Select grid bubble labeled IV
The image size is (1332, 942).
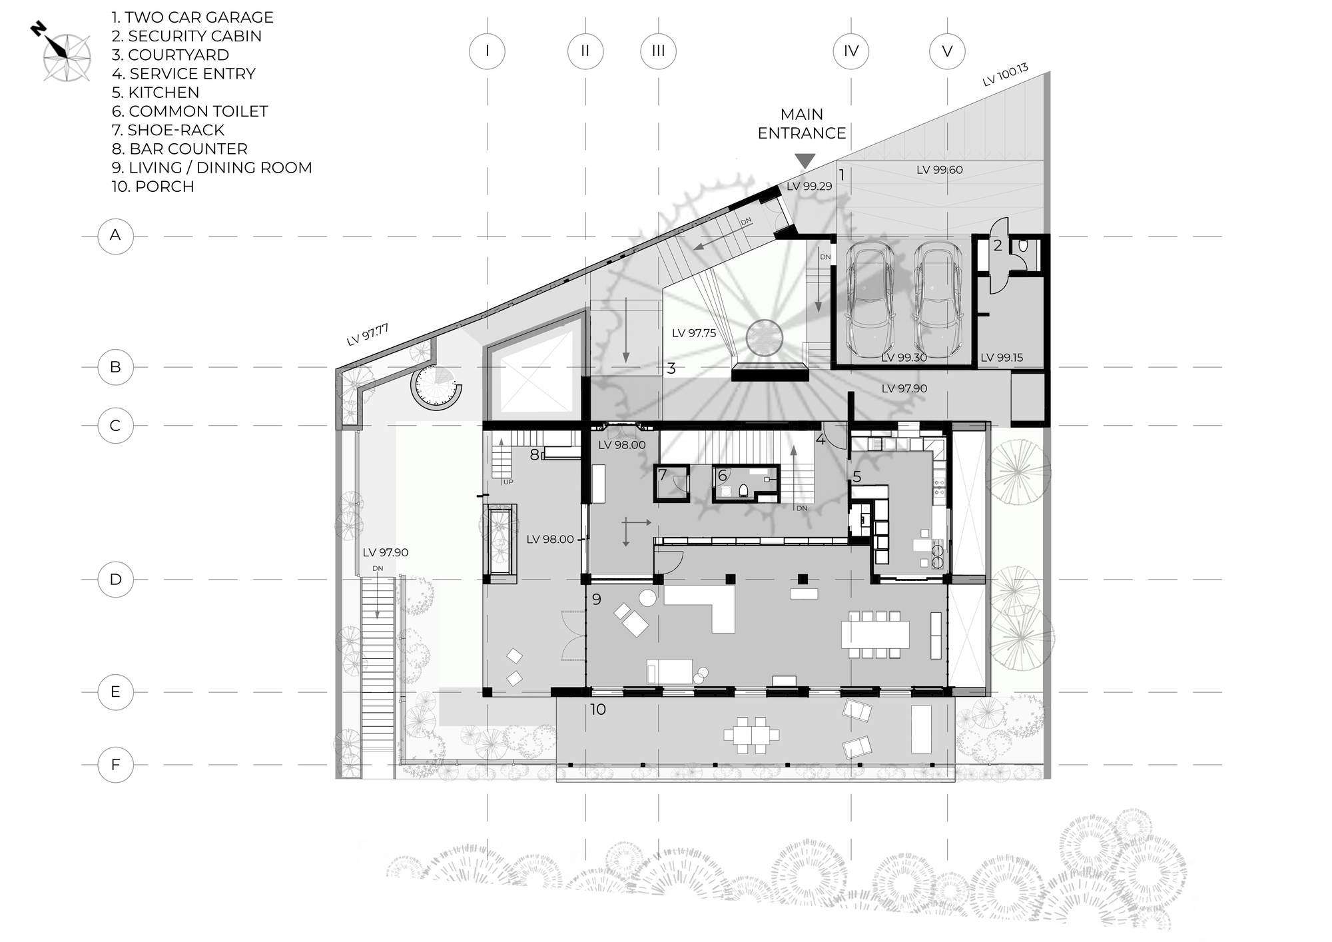[x=850, y=51]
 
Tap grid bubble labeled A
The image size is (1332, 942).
[x=115, y=235]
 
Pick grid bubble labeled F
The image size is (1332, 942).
[x=115, y=764]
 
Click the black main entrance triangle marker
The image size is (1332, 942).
[x=805, y=161]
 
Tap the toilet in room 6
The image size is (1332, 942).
[x=743, y=491]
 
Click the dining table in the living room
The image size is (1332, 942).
[x=875, y=634]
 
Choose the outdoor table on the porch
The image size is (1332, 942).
[x=751, y=735]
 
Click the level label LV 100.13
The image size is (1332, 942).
[x=1005, y=75]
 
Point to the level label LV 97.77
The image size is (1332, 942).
[x=367, y=334]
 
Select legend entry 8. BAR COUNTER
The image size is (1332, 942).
[x=180, y=149]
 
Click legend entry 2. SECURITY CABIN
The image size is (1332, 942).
[x=186, y=36]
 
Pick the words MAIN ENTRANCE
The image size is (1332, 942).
[x=802, y=124]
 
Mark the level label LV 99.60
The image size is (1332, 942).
[x=939, y=170]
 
